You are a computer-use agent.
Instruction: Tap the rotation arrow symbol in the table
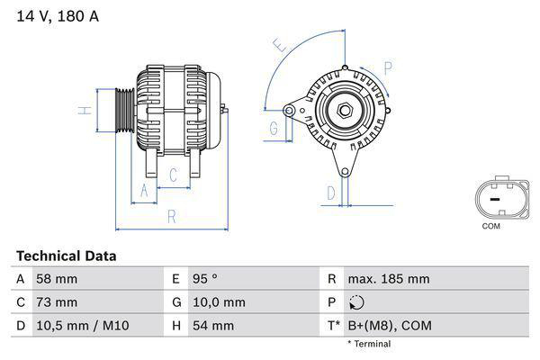[357, 303]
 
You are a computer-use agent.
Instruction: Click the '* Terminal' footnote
[369, 344]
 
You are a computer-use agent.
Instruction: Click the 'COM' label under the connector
[490, 226]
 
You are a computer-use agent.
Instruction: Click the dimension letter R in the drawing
[172, 216]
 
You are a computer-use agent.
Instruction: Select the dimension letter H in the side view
[83, 111]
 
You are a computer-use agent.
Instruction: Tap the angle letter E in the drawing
[281, 45]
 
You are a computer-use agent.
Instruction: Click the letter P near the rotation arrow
[388, 67]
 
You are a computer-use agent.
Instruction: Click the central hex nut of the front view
[345, 111]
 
